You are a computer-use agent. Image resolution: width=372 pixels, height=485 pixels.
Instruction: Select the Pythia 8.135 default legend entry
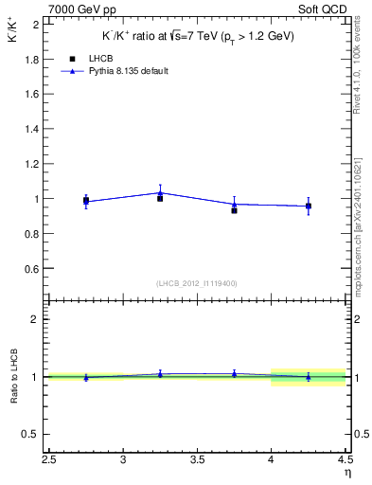point(120,71)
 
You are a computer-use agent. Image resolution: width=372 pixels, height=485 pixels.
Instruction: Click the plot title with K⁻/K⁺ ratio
point(198,36)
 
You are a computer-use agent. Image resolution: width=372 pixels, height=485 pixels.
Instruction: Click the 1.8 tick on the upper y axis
point(33,59)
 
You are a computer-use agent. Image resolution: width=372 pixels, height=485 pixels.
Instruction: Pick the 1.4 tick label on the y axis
point(33,129)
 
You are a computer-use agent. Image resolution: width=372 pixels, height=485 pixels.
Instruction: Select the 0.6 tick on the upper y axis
point(33,269)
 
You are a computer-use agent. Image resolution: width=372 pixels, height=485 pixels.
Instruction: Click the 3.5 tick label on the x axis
point(197,460)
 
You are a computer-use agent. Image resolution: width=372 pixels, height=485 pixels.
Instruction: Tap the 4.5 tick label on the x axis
point(345,460)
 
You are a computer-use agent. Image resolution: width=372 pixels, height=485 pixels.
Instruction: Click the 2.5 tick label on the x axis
point(49,460)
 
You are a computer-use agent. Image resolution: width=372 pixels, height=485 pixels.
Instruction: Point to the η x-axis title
point(346,474)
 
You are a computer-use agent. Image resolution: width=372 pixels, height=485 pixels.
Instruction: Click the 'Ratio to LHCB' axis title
point(14,377)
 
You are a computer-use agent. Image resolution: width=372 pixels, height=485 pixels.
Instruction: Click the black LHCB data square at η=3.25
point(160,198)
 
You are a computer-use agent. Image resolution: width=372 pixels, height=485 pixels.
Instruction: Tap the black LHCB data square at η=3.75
point(234,210)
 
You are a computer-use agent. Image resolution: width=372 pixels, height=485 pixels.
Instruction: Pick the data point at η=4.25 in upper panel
point(308,206)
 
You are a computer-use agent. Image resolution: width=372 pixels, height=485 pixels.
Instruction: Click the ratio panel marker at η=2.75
point(86,377)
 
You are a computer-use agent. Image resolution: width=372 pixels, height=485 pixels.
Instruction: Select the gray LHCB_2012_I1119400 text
point(197,282)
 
